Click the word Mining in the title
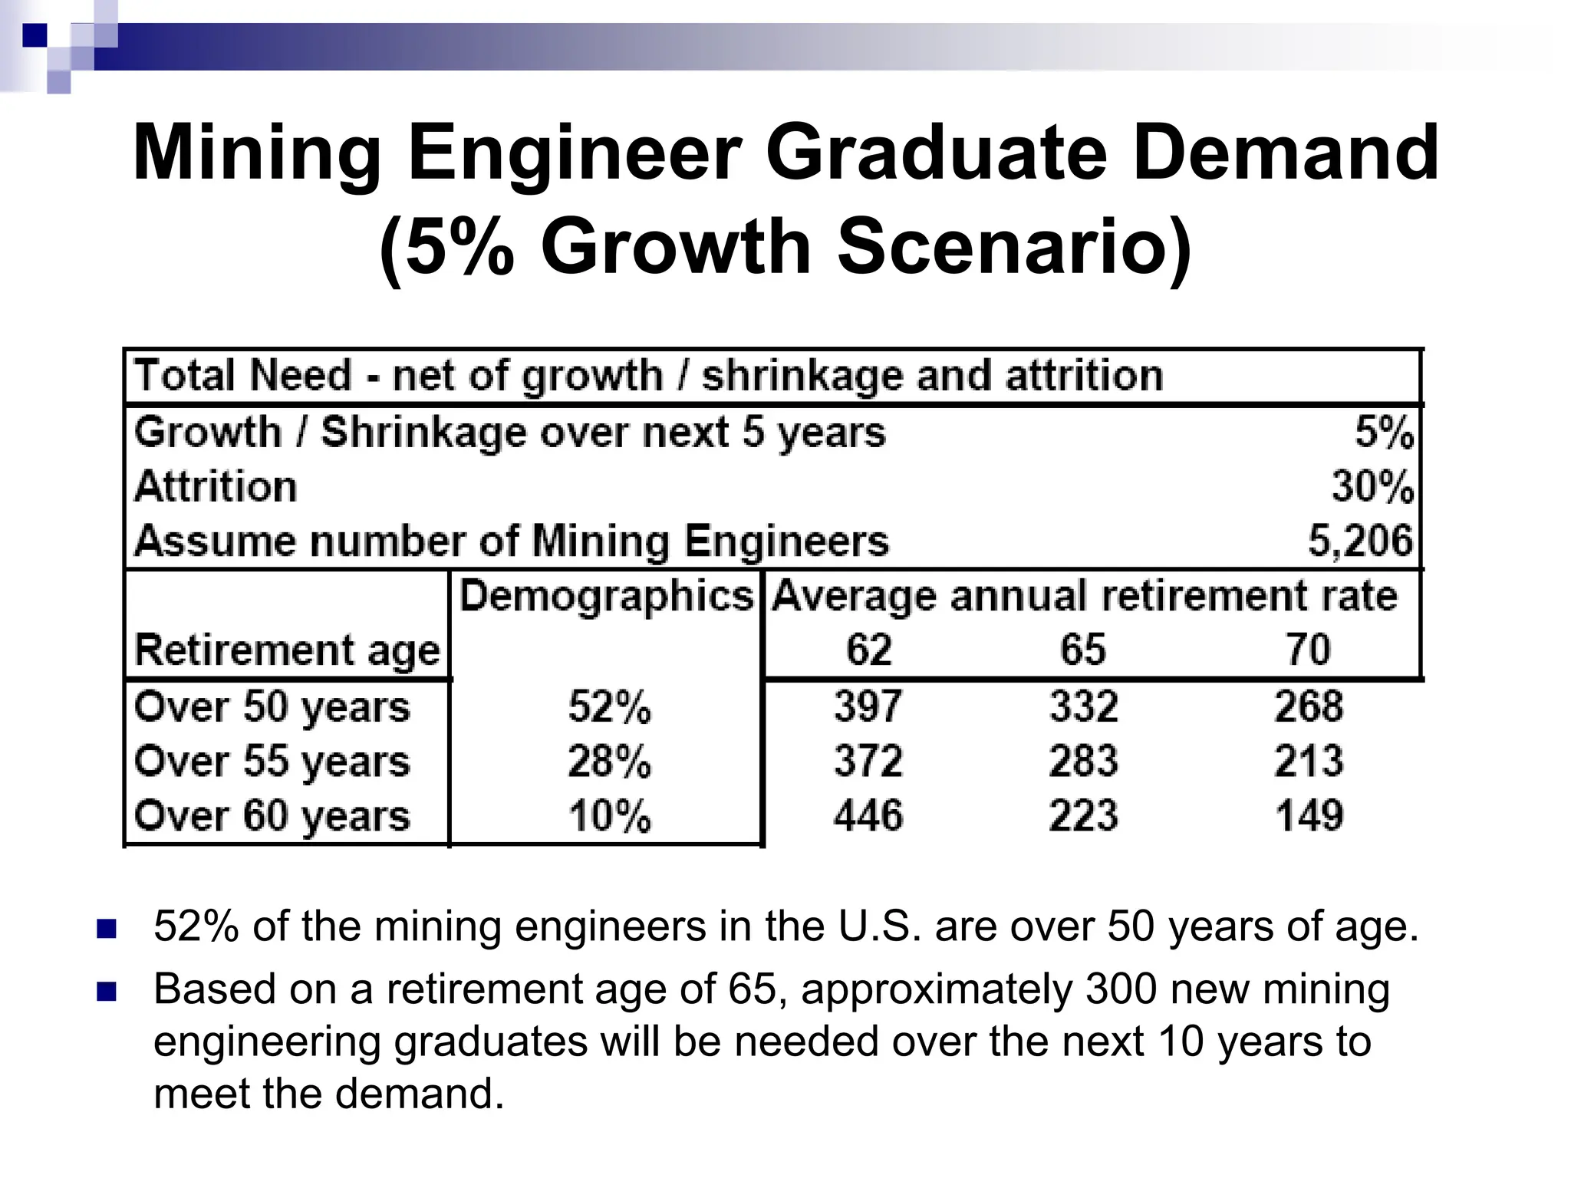pyautogui.click(x=257, y=154)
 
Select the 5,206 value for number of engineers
pyautogui.click(x=1359, y=541)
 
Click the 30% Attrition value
pyautogui.click(x=1372, y=486)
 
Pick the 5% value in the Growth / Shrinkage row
pyautogui.click(x=1383, y=432)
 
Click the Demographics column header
pyautogui.click(x=606, y=596)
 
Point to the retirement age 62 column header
pyautogui.click(x=868, y=650)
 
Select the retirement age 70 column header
pyautogui.click(x=1308, y=650)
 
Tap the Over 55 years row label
pyautogui.click(x=272, y=762)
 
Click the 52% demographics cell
pyautogui.click(x=609, y=706)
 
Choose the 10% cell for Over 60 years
pyautogui.click(x=609, y=815)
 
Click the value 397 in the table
pyautogui.click(x=868, y=706)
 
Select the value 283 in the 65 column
pyautogui.click(x=1083, y=762)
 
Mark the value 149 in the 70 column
pyautogui.click(x=1309, y=815)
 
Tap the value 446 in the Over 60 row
pyautogui.click(x=868, y=815)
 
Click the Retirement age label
pyautogui.click(x=287, y=651)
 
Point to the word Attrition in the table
pyautogui.click(x=216, y=486)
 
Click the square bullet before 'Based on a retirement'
pyautogui.click(x=107, y=992)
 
